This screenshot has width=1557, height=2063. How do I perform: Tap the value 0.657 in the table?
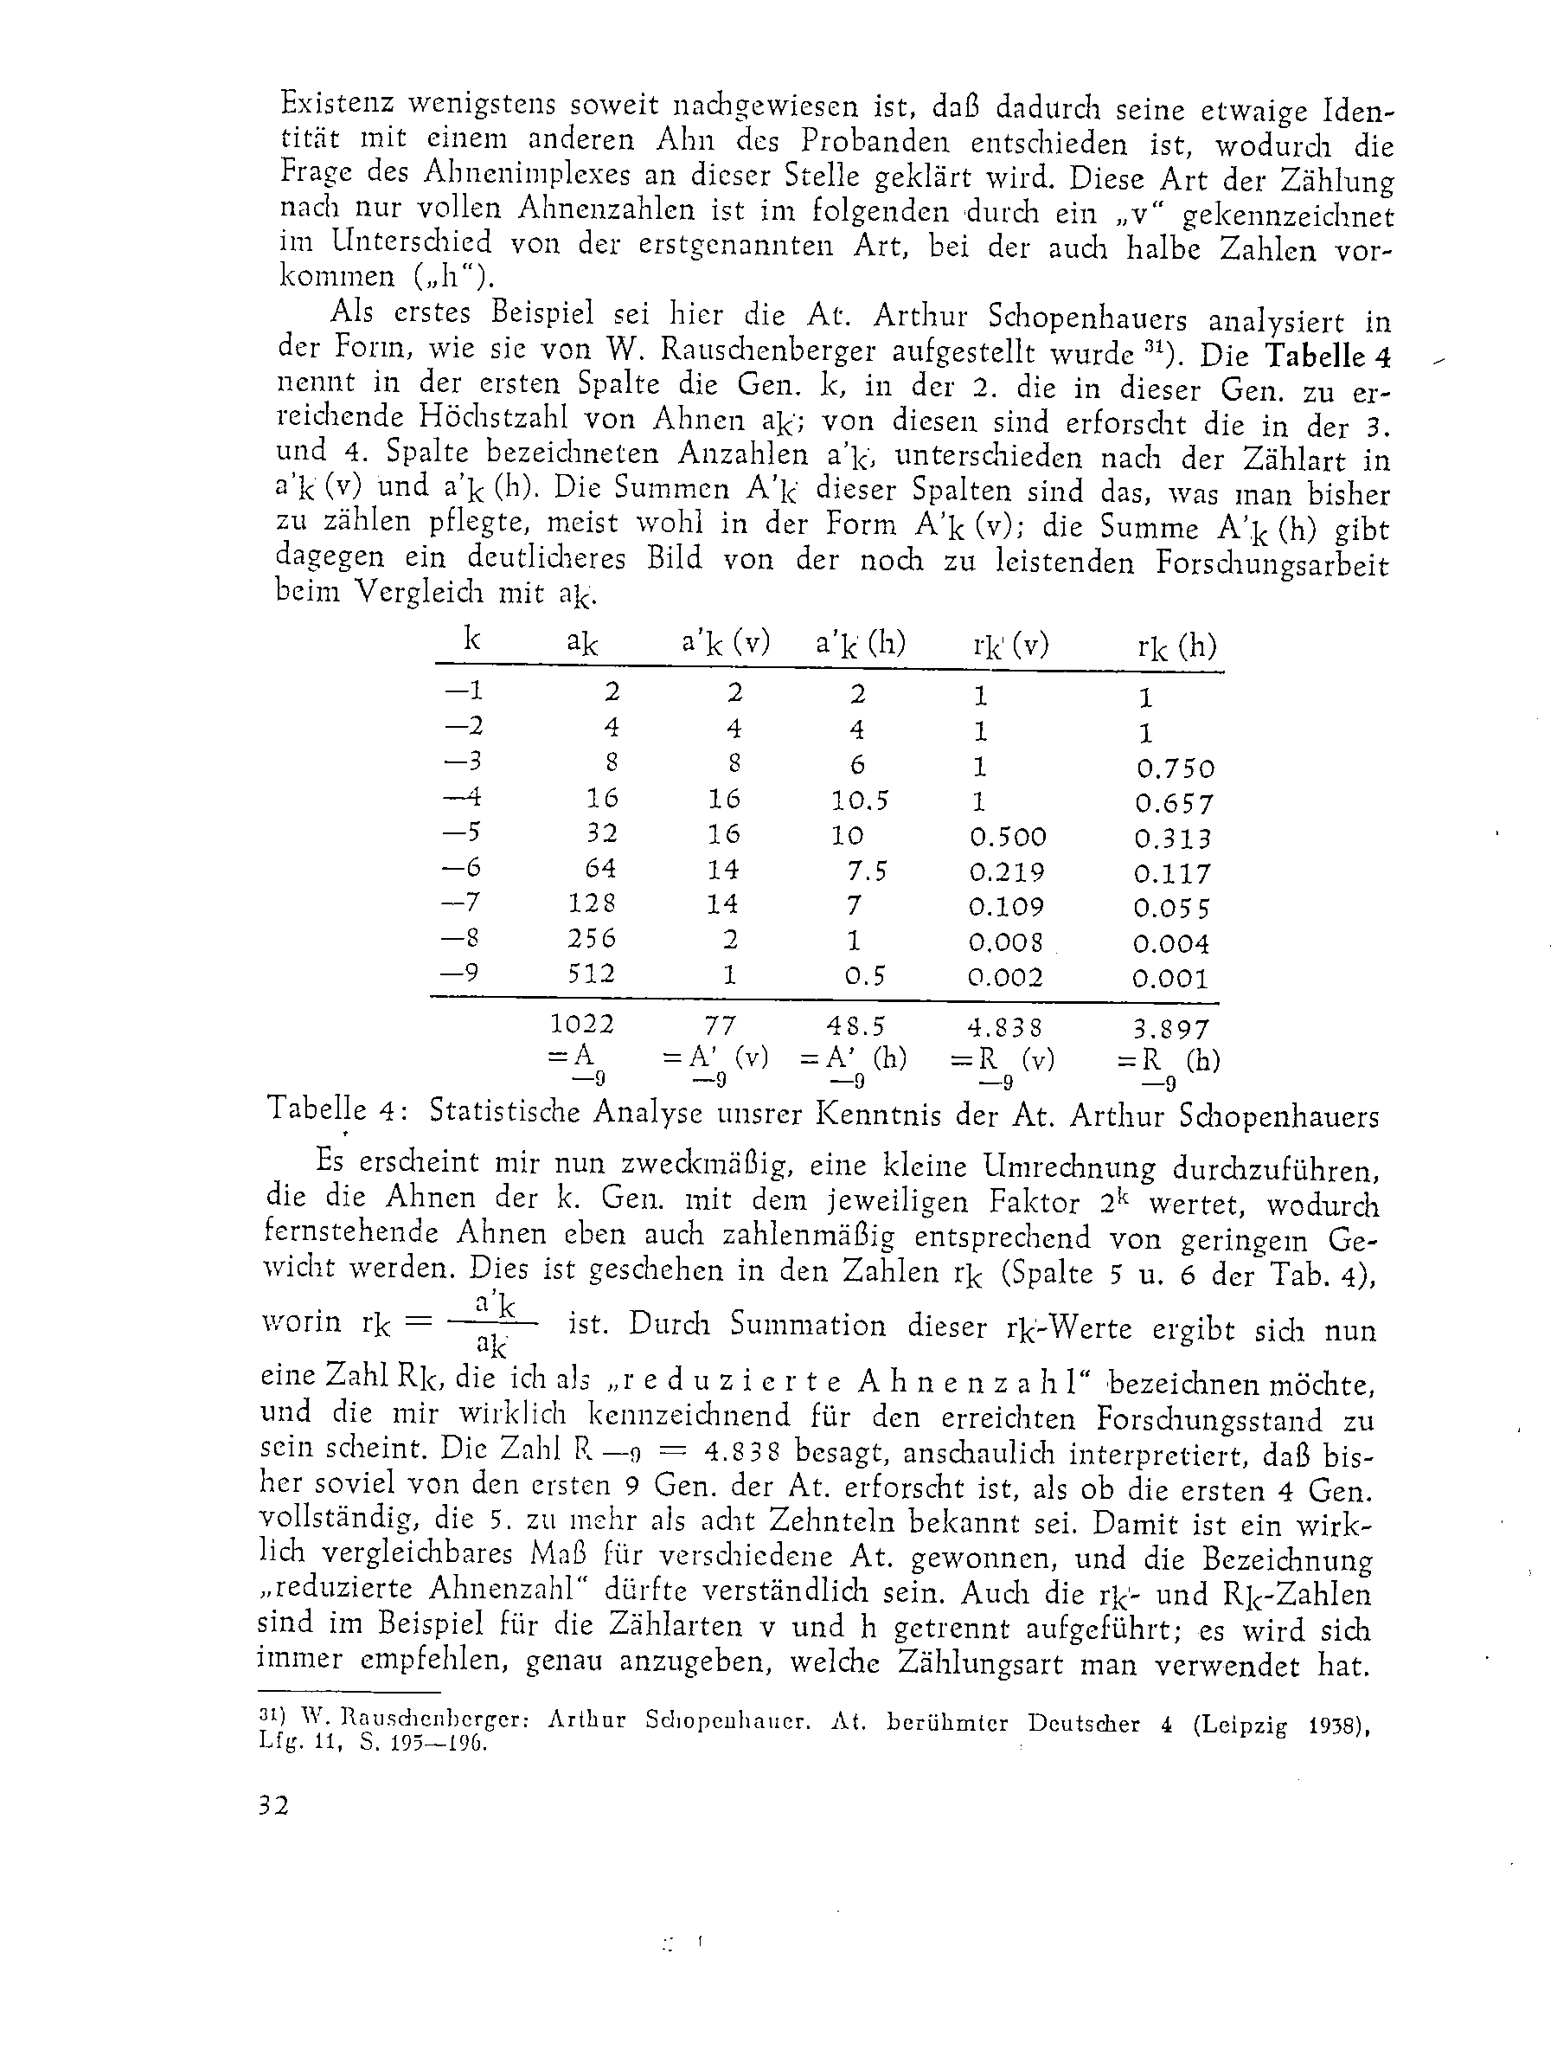(1175, 803)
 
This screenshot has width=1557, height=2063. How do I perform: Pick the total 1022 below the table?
(583, 1024)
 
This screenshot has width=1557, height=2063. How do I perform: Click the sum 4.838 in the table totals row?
(1005, 1027)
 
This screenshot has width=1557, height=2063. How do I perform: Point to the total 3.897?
(1171, 1029)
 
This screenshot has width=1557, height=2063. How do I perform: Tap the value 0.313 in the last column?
(1173, 839)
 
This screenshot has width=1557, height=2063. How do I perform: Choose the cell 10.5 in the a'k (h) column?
(859, 800)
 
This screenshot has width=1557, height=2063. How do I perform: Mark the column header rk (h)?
(1176, 646)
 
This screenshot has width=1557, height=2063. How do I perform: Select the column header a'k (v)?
(726, 644)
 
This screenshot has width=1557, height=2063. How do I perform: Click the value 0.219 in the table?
(1007, 872)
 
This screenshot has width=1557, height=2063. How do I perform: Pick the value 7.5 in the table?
(867, 871)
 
